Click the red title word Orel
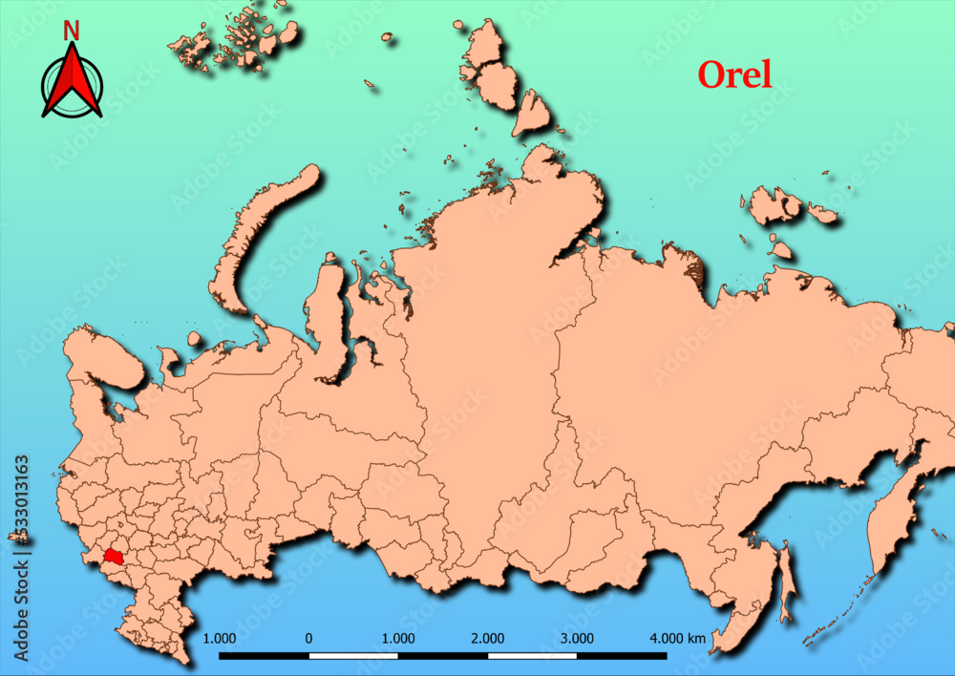pyautogui.click(x=734, y=74)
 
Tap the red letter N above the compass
pyautogui.click(x=71, y=31)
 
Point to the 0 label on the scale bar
pyautogui.click(x=308, y=638)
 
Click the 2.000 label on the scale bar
pyautogui.click(x=488, y=638)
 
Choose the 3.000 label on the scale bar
pyautogui.click(x=577, y=638)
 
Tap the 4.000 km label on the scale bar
pyautogui.click(x=677, y=638)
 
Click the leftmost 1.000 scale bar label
pyautogui.click(x=221, y=638)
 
